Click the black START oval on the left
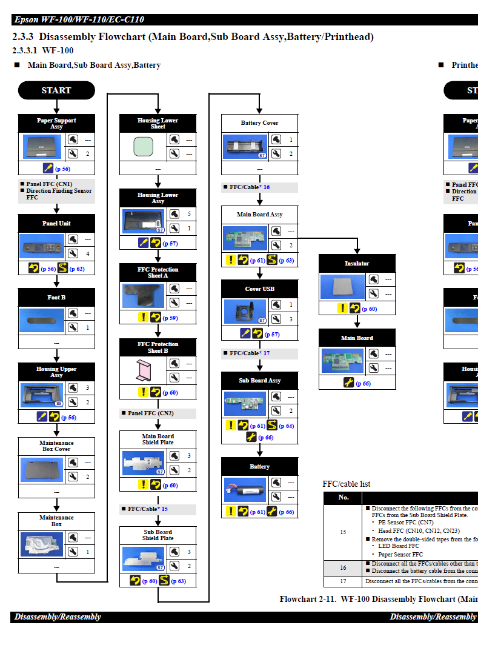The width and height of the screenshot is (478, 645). [56, 90]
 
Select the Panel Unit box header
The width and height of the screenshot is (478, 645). [56, 223]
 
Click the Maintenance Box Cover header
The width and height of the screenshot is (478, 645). [56, 446]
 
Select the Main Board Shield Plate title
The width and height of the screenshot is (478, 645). [158, 439]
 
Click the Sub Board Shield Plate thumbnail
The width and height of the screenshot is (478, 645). [143, 560]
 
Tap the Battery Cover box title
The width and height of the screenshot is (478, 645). [259, 123]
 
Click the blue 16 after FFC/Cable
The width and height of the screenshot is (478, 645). [267, 187]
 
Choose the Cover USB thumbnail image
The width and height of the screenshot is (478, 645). [245, 312]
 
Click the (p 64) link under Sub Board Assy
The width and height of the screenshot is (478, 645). [286, 426]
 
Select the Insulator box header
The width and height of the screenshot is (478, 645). [357, 264]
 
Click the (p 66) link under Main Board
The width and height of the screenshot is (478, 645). [363, 383]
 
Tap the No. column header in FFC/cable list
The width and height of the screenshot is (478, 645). [344, 498]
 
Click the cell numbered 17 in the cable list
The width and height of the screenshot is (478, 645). [344, 581]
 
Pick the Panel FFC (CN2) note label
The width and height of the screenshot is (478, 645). [150, 413]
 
